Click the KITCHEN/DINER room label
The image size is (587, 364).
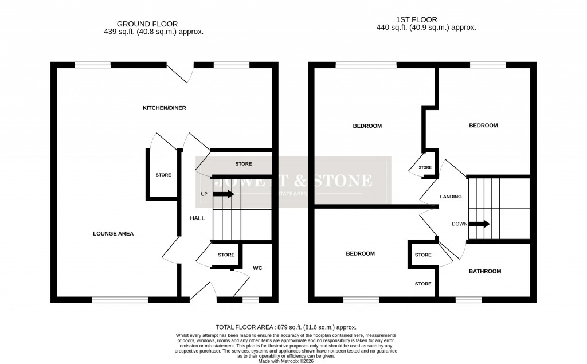pyautogui.click(x=165, y=108)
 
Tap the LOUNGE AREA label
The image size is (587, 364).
pyautogui.click(x=114, y=233)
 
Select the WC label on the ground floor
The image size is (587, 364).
pyautogui.click(x=257, y=268)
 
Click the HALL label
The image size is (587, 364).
pyautogui.click(x=198, y=218)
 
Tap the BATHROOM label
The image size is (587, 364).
pyautogui.click(x=485, y=271)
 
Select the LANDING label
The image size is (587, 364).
pyautogui.click(x=451, y=197)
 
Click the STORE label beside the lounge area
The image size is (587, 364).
pyautogui.click(x=163, y=175)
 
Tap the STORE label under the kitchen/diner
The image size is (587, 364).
pyautogui.click(x=244, y=164)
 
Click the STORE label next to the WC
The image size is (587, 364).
pyautogui.click(x=226, y=255)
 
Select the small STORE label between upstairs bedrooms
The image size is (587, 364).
pyautogui.click(x=425, y=167)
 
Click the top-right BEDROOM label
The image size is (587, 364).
pyautogui.click(x=483, y=126)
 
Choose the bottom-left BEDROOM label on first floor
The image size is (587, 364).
pyautogui.click(x=360, y=253)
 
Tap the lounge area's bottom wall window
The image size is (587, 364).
pyautogui.click(x=120, y=299)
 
